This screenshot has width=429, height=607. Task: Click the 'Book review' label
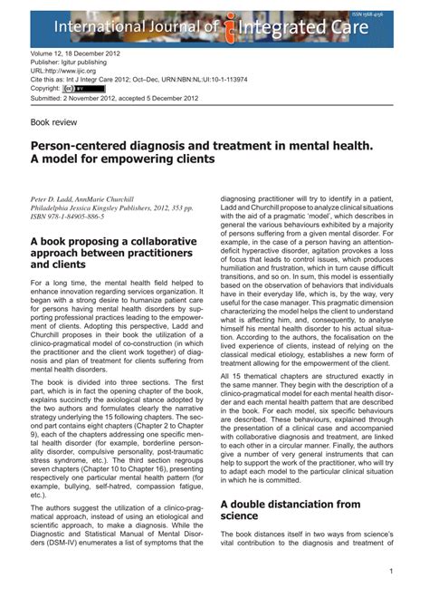(54, 120)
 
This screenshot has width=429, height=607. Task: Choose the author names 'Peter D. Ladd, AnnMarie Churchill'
(82, 198)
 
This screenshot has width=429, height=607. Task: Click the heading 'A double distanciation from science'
(291, 509)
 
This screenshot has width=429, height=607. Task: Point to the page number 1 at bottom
(390, 572)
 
